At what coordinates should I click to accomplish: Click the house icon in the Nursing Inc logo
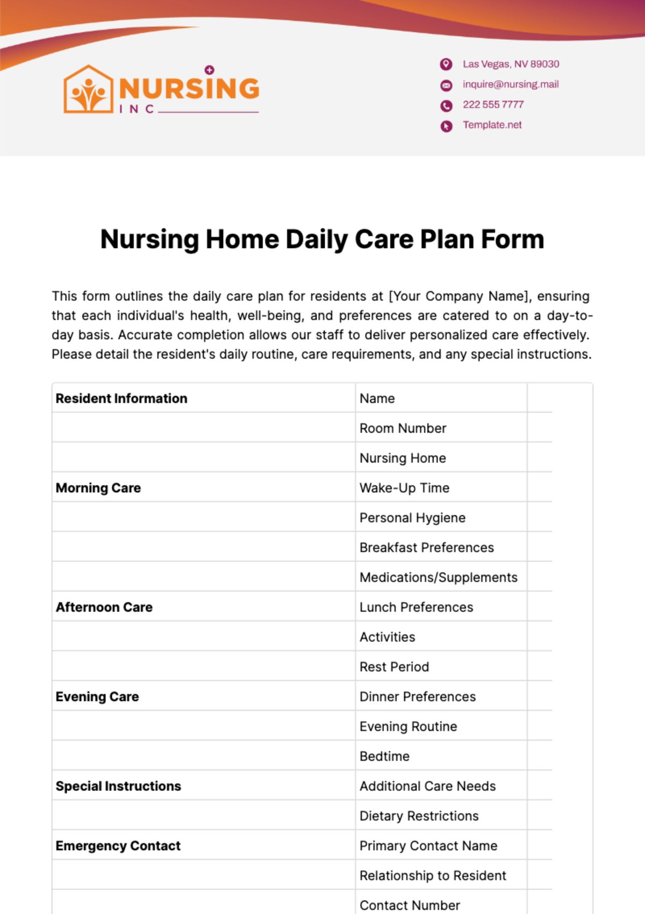coord(88,90)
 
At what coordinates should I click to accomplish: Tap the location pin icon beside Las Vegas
coord(446,64)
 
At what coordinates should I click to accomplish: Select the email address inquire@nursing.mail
coord(511,84)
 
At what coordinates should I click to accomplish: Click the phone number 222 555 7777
coord(493,105)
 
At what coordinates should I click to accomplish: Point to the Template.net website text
coord(492,125)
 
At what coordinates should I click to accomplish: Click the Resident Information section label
coord(121,399)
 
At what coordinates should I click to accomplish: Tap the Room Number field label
coord(403,428)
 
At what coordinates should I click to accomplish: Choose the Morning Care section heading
coord(98,488)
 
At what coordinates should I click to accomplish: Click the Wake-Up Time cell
coord(404,488)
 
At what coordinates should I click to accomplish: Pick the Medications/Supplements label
coord(438,578)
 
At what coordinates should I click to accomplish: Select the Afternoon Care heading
coord(104,607)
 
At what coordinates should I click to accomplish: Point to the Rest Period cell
coord(394,667)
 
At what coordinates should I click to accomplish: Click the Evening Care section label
coord(97,697)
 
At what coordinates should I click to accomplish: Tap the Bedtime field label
coord(384,757)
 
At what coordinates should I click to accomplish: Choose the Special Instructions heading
coord(118,786)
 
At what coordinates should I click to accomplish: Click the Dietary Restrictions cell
coord(419,816)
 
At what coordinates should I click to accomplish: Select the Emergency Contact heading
coord(118,846)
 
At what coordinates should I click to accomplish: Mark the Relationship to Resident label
coord(433,876)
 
